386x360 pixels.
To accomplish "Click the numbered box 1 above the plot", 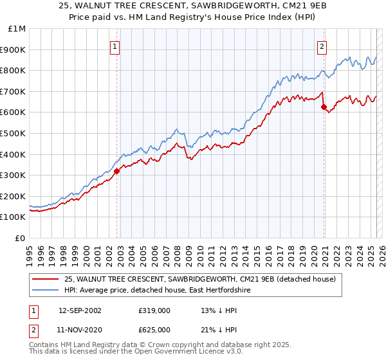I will click(x=115, y=46).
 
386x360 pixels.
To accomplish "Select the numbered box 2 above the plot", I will click(x=321, y=46).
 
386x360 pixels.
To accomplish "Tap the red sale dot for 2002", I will click(x=117, y=171).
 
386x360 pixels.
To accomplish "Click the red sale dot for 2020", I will click(x=324, y=107).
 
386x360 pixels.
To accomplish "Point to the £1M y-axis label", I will click(x=17, y=29).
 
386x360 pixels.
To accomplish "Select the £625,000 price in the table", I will click(x=154, y=330).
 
